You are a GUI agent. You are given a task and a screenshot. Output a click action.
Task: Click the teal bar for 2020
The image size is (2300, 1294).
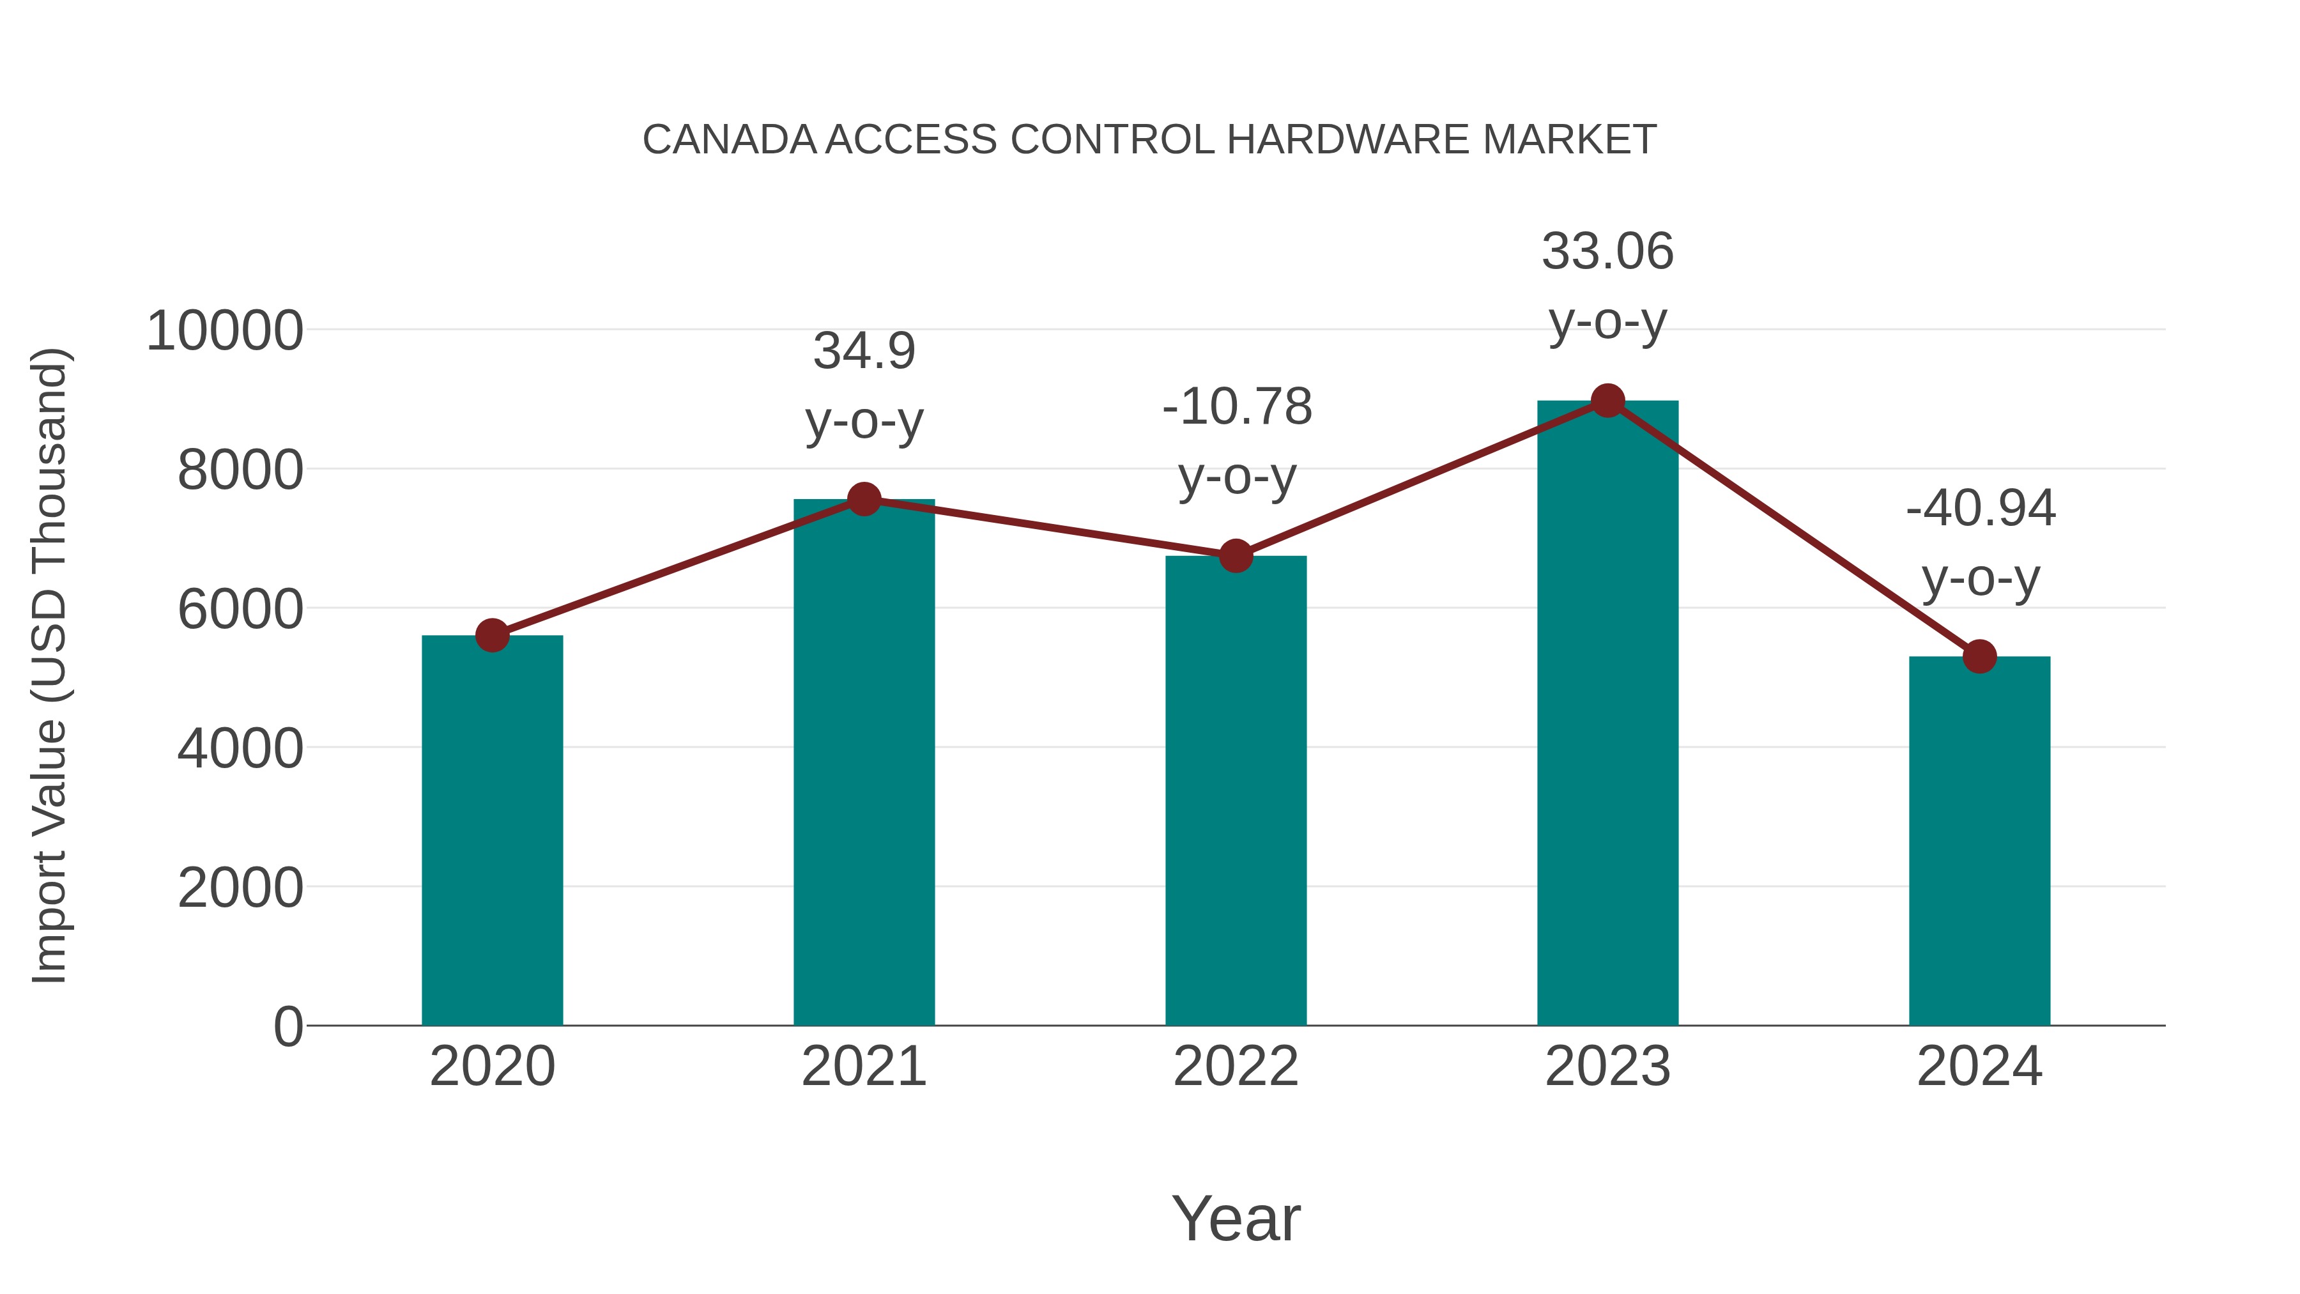pyautogui.click(x=492, y=831)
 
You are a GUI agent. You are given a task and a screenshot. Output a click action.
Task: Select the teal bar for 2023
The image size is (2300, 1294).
pyautogui.click(x=1607, y=714)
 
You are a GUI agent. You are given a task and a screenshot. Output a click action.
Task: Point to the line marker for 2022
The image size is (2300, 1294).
pyautogui.click(x=1236, y=557)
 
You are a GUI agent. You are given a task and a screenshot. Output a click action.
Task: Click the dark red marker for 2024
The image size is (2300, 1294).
pyautogui.click(x=1979, y=656)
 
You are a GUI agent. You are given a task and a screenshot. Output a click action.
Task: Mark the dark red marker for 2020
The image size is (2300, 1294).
pyautogui.click(x=492, y=636)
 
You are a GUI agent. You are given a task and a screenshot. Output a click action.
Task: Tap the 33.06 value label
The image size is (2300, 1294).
pyautogui.click(x=1607, y=252)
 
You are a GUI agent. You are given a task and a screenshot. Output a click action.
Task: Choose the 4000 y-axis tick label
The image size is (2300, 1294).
pyautogui.click(x=240, y=748)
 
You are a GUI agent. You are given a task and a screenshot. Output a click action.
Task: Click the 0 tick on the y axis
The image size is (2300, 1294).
pyautogui.click(x=287, y=1027)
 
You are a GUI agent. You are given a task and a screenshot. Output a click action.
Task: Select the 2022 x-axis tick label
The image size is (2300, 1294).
pyautogui.click(x=1236, y=1067)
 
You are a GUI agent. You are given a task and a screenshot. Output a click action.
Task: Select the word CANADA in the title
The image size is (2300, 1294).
pyautogui.click(x=730, y=140)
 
